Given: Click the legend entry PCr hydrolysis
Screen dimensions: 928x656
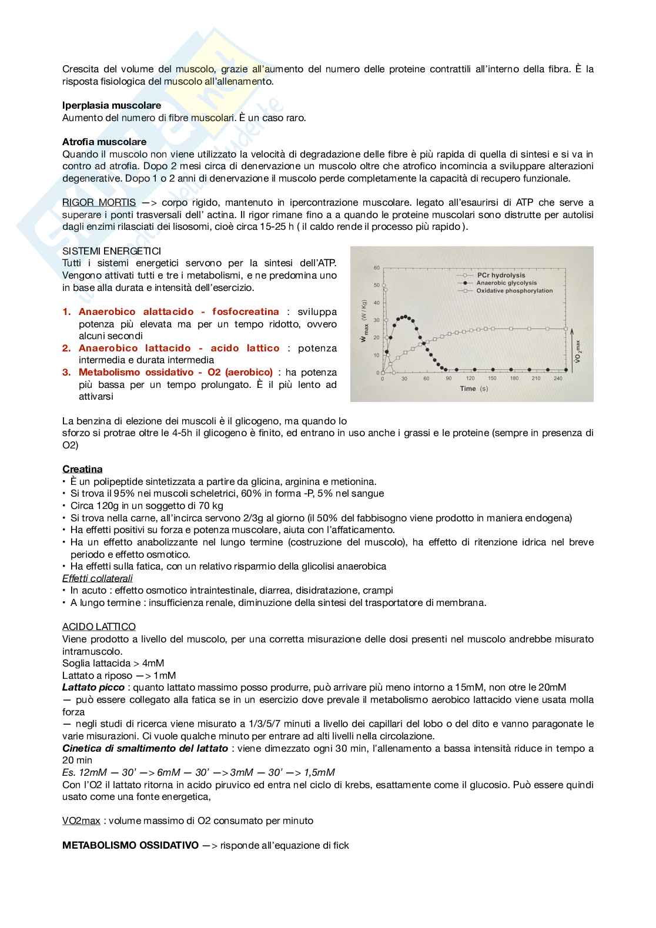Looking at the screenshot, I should click(501, 275).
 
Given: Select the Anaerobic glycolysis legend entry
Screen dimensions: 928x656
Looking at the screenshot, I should click(506, 283).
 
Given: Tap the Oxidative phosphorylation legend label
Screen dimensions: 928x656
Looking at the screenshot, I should click(514, 290).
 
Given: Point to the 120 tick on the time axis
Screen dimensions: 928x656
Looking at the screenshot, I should click(470, 378).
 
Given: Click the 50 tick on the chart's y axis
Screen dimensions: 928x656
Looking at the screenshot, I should click(376, 285).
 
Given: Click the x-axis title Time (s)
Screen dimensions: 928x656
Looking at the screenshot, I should click(474, 388).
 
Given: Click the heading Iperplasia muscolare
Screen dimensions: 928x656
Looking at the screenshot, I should click(112, 105).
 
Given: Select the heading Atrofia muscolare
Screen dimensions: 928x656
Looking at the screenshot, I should click(105, 142).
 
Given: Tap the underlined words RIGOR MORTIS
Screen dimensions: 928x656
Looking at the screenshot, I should click(99, 202).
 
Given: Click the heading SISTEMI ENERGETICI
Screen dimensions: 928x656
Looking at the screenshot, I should click(112, 251).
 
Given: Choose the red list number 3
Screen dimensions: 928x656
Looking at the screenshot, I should click(66, 372).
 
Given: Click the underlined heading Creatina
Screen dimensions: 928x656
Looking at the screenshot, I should click(82, 469).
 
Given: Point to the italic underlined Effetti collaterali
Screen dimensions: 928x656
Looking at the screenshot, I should click(98, 578).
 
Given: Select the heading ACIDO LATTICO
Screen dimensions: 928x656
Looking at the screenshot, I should click(99, 627).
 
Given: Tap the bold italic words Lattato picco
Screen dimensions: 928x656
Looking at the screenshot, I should click(93, 687).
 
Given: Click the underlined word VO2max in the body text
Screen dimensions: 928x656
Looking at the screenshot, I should click(81, 820).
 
